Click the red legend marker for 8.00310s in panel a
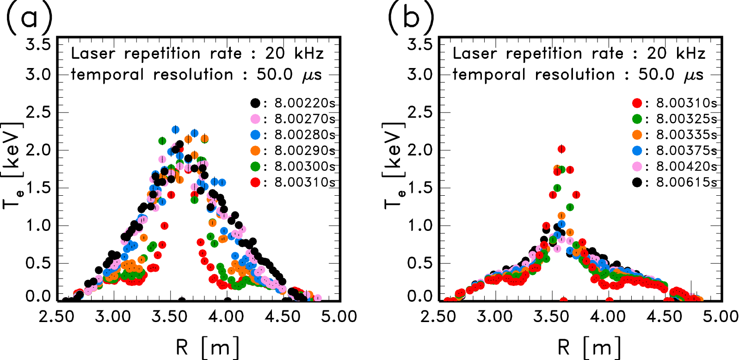(255, 182)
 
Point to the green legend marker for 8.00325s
(637, 119)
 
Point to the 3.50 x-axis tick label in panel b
(551, 317)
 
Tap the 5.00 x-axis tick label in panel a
(339, 317)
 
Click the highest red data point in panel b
(561, 149)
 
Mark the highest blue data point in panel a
(176, 130)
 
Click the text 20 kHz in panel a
(295, 54)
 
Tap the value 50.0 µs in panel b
(671, 75)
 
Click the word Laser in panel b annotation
(475, 54)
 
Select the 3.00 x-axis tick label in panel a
(113, 317)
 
